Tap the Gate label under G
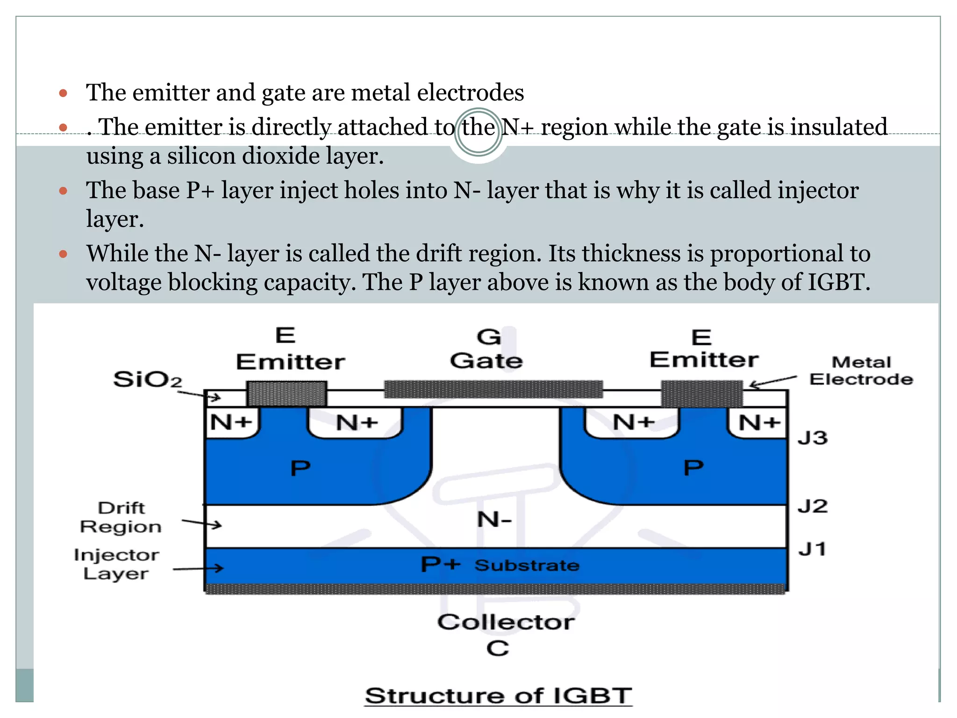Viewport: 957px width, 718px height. pos(486,361)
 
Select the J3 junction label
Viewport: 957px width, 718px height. pos(813,438)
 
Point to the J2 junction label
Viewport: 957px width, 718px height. pos(813,506)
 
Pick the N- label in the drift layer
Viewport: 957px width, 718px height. pos(494,519)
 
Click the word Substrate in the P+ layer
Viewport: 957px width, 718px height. pos(527,566)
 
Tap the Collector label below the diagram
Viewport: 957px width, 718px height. pos(506,622)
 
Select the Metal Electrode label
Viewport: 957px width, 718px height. pos(861,371)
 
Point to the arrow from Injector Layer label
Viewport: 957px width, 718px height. pos(199,569)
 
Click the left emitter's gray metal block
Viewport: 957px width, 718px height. pos(286,394)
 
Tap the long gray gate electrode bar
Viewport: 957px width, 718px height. pos(493,389)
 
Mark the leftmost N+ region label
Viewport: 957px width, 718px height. pos(231,423)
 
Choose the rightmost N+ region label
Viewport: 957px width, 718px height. pos(759,423)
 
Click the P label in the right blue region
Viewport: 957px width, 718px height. pos(693,467)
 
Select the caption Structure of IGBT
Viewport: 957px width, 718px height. pos(498,696)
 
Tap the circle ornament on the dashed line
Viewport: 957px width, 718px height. pos(478,132)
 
